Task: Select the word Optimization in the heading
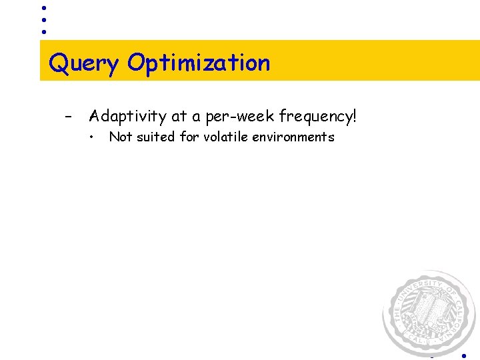coord(199,63)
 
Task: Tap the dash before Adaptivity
coord(68,117)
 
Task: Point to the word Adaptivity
coord(128,117)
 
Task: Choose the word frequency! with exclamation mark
coord(318,117)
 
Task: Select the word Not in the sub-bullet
coord(120,137)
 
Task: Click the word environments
coord(294,137)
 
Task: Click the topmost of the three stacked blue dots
coord(43,8)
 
